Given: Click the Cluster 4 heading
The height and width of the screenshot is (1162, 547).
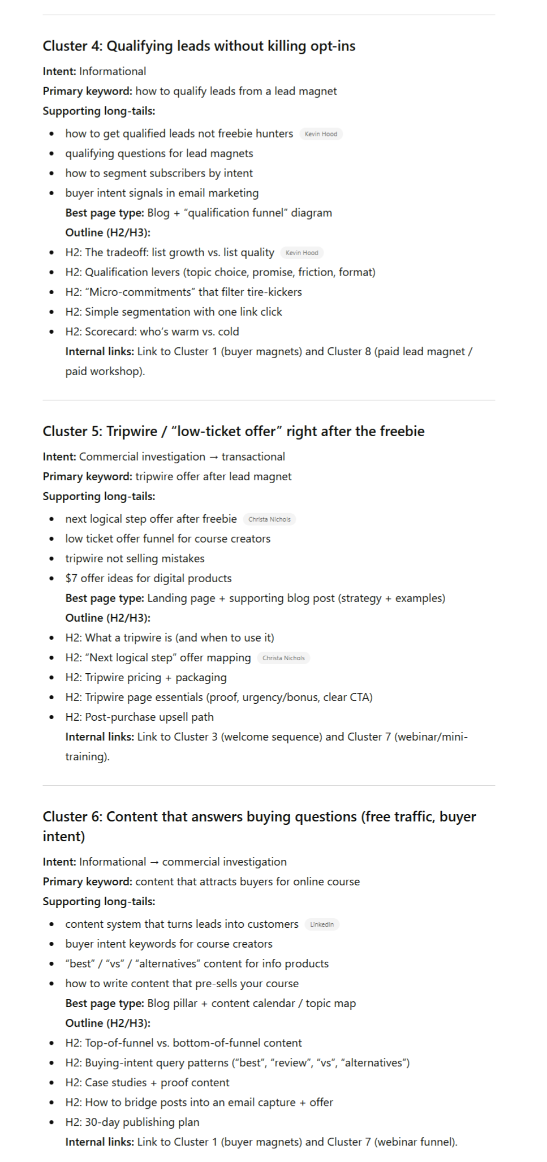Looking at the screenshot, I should pos(199,46).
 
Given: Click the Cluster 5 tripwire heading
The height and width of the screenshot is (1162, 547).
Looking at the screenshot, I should pos(233,431).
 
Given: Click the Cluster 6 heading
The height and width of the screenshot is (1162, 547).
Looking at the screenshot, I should pos(259,816).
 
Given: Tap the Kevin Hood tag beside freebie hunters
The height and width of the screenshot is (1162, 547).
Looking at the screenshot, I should pos(321,134).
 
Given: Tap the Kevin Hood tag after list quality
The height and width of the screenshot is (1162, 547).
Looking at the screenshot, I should pos(302,253).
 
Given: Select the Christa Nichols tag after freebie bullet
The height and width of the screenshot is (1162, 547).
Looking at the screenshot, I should pos(269,519).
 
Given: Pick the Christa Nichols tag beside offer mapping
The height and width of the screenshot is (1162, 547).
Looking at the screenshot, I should pos(283,658).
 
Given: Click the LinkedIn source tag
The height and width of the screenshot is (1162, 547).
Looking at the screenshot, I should pos(321,924).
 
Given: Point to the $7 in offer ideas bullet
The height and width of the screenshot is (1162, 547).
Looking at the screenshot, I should pos(71,578).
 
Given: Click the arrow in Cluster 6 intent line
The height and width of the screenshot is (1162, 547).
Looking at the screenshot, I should pos(154,862).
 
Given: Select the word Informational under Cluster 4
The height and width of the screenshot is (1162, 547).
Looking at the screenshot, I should pos(112,71).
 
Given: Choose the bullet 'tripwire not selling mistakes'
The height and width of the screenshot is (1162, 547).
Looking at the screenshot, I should pos(135,558).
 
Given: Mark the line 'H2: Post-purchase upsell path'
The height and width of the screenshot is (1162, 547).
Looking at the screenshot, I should pos(139,717).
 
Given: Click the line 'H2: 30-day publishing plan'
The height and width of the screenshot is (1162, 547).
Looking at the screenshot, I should pos(132,1122).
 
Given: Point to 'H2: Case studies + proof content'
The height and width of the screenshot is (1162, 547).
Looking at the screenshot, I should pos(147,1082).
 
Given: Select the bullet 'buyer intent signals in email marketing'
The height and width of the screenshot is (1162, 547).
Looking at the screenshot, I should pos(162,193).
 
